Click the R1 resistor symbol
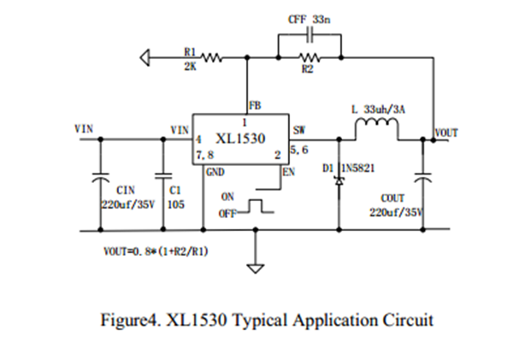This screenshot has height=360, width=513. (x=211, y=59)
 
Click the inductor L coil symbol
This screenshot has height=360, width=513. (x=376, y=127)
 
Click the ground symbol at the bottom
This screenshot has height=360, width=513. (x=255, y=266)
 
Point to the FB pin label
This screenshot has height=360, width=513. (x=256, y=106)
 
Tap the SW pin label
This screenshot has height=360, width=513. (x=298, y=131)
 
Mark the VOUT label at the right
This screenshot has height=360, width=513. (x=447, y=133)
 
